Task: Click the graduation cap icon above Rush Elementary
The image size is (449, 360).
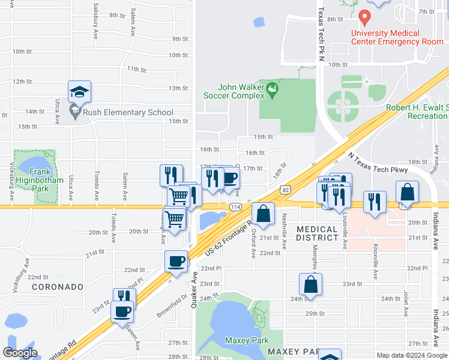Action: tap(79, 92)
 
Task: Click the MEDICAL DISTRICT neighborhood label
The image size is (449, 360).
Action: tap(316, 233)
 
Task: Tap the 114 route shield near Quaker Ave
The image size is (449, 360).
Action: tap(234, 206)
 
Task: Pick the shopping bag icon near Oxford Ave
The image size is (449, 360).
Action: tap(263, 213)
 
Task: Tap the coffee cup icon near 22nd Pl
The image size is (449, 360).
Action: tap(176, 262)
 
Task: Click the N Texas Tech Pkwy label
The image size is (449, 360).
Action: tap(378, 163)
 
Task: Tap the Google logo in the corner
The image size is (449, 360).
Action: tap(20, 353)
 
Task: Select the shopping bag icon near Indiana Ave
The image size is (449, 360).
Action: tap(407, 193)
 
